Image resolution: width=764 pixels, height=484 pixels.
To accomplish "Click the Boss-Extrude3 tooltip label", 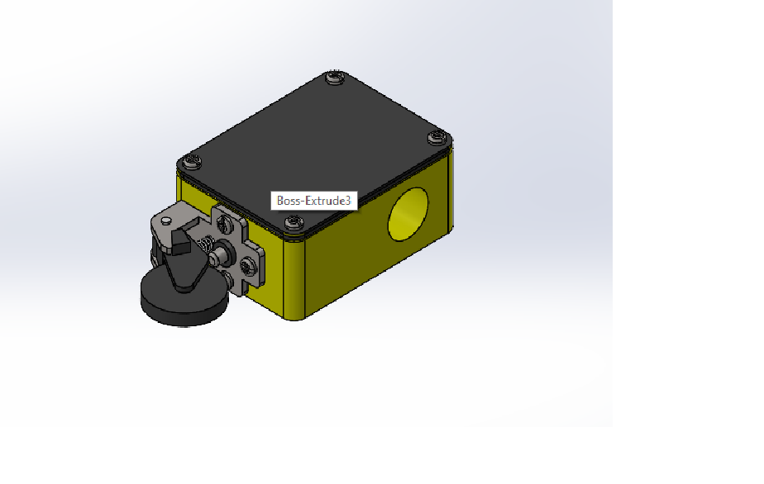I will (x=313, y=201).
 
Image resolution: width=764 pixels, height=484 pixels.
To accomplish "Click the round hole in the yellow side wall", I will (x=409, y=214).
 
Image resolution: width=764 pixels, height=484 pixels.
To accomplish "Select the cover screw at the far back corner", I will (x=335, y=78).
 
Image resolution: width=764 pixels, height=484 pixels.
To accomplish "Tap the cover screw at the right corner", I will (x=436, y=138).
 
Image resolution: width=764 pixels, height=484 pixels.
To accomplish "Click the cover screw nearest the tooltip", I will (x=294, y=221).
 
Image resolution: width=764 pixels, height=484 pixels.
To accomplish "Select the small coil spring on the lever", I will (x=207, y=244).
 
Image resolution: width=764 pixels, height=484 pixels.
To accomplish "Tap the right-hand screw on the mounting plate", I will (x=247, y=266).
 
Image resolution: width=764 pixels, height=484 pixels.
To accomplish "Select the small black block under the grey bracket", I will (x=178, y=240).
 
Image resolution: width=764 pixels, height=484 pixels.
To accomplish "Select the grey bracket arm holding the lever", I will (x=170, y=216).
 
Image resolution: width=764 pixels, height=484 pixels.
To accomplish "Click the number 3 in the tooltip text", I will (x=348, y=201).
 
